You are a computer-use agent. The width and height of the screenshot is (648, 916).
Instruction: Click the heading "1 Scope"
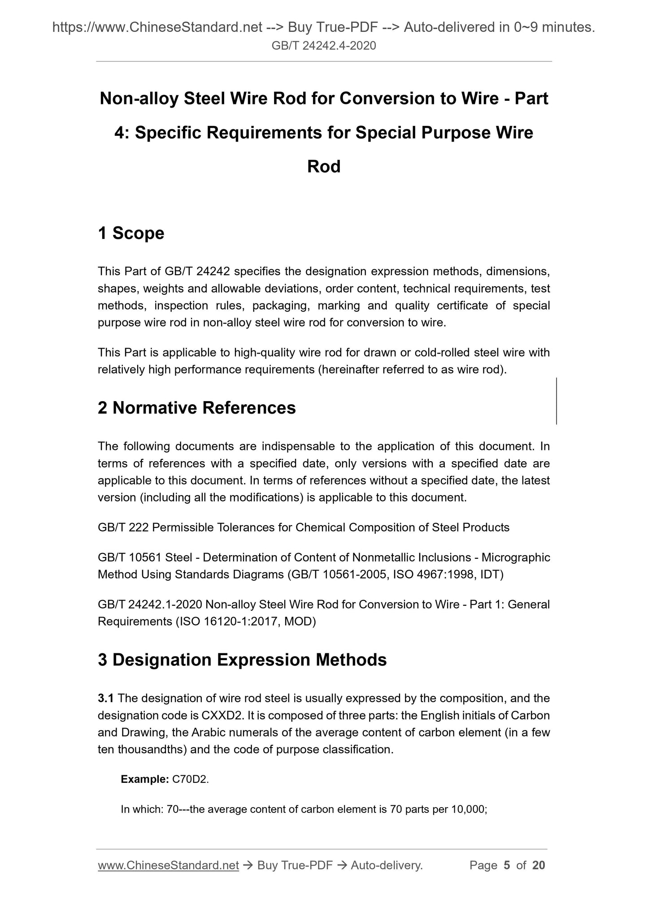coord(131,233)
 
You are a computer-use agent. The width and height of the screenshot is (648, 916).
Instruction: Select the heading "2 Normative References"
coord(196,408)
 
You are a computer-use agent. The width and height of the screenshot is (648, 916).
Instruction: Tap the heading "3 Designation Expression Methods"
coord(242,660)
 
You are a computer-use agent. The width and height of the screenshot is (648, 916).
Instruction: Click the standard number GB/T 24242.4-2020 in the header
coord(324,45)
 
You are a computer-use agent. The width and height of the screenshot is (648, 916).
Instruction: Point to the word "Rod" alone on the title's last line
coord(324,167)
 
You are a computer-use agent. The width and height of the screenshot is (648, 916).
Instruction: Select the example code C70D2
coord(190,779)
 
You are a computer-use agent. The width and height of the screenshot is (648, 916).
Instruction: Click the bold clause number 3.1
coord(106,698)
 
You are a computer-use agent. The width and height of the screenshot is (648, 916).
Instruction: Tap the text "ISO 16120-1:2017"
coord(228,622)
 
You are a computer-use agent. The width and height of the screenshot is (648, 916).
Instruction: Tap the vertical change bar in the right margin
coord(557,401)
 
